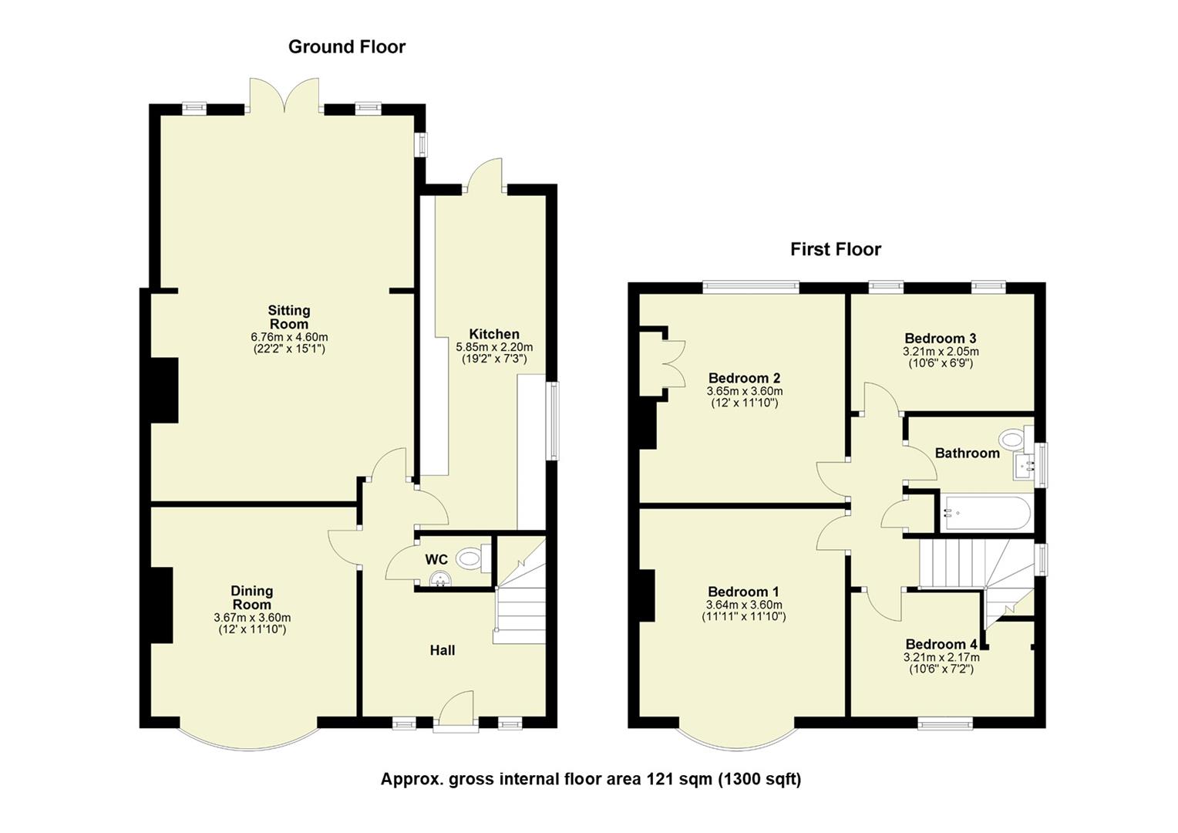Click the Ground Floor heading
pos(346,47)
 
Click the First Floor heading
pos(835,249)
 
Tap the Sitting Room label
pos(289,316)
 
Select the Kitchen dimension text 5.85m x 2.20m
pos(494,347)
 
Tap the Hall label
pos(442,650)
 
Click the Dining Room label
pos(252,598)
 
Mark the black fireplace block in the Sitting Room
pos(164,390)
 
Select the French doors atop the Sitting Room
pos(284,96)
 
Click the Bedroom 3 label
pos(940,338)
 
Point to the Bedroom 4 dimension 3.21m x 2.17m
pos(941,657)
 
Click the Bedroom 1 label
pos(743,592)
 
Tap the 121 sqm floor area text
pos(591,779)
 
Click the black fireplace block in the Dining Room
pos(161,605)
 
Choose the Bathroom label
pos(967,453)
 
